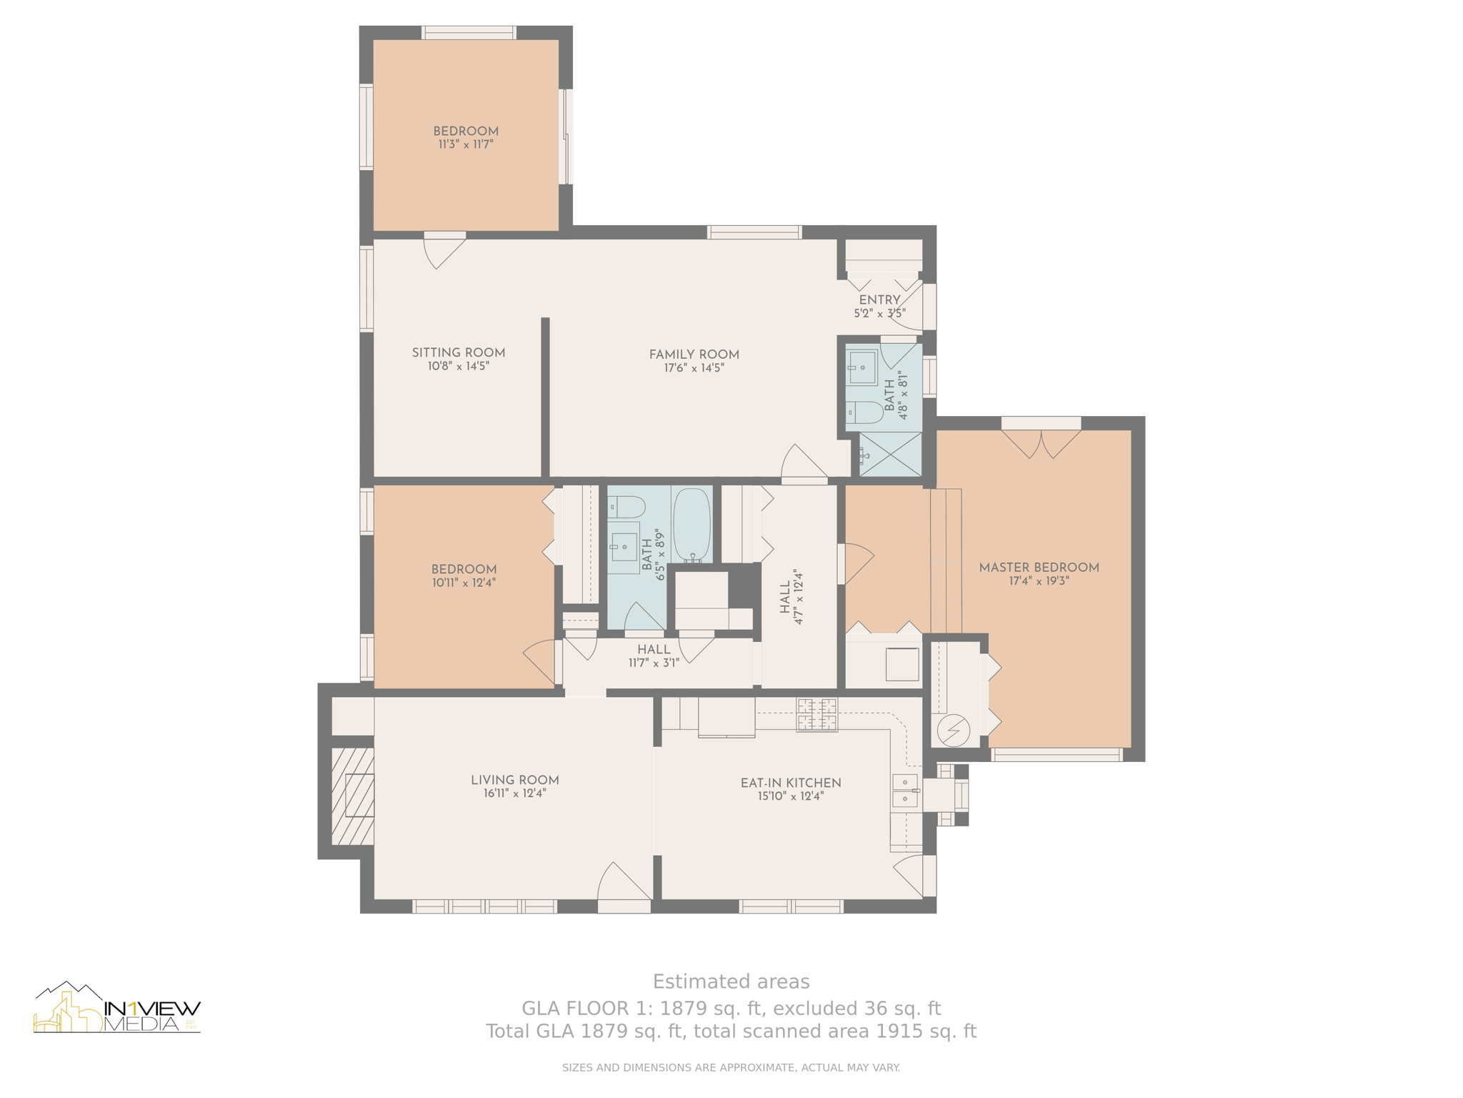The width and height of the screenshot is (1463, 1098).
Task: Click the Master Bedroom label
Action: [1039, 568]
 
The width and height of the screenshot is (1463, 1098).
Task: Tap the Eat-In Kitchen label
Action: [791, 783]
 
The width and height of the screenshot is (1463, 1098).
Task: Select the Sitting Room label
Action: [459, 352]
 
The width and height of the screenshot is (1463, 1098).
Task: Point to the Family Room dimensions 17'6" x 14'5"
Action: [694, 368]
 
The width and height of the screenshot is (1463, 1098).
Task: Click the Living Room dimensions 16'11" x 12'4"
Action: [514, 793]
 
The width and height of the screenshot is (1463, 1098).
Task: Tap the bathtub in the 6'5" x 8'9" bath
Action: [691, 525]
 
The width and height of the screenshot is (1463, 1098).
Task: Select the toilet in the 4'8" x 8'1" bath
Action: [864, 412]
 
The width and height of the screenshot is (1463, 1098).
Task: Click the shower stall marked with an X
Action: [890, 454]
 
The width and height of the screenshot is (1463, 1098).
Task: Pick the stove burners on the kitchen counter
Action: [817, 715]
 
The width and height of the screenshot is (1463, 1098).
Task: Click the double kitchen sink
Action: [905, 790]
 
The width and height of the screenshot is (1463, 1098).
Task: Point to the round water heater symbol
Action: [953, 731]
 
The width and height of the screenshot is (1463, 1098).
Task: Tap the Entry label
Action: [879, 300]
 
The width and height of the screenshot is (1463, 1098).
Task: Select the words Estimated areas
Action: [731, 981]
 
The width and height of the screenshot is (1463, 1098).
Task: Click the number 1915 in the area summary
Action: [897, 1032]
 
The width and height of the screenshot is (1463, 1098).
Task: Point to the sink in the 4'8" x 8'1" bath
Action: [862, 367]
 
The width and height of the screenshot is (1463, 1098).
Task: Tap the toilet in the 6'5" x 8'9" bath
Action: [626, 507]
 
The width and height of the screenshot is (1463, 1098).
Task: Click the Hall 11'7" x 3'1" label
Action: [654, 656]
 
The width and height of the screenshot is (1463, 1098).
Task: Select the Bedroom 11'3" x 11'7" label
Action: [466, 137]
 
